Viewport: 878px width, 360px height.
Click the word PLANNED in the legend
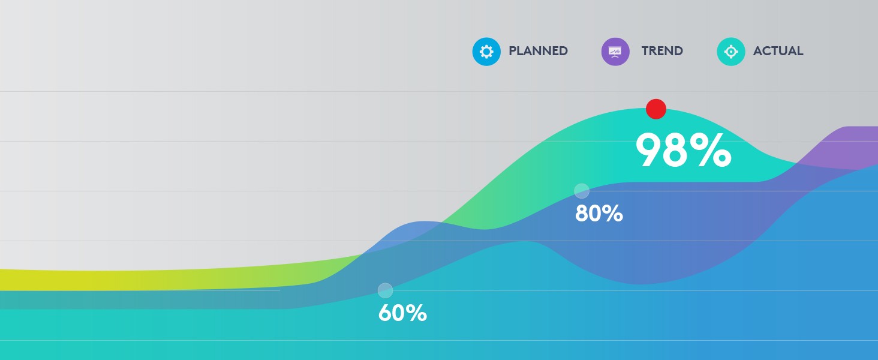(x=538, y=51)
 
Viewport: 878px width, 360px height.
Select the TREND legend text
(x=662, y=51)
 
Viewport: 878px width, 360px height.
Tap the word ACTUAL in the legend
(x=778, y=51)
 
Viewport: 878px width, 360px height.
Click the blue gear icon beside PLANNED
(x=486, y=51)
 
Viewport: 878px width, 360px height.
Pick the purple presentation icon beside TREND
(x=615, y=51)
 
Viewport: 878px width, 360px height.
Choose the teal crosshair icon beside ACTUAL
(x=731, y=51)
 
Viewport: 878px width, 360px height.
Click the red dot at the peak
(x=656, y=109)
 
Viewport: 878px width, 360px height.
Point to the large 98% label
(x=683, y=150)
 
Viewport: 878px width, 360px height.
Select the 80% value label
(x=599, y=214)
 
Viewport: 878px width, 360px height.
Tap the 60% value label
(x=402, y=313)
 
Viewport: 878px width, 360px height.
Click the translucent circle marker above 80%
(x=582, y=191)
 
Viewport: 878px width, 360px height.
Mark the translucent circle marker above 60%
(x=385, y=290)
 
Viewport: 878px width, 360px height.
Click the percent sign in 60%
(x=417, y=313)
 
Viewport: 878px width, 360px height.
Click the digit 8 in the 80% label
(x=582, y=214)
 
